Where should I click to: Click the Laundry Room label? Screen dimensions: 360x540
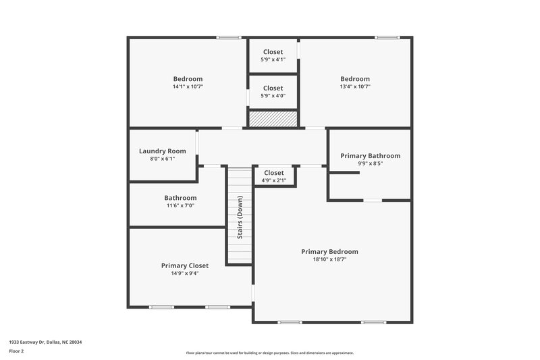162,151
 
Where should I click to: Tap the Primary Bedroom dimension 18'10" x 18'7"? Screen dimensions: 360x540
329,259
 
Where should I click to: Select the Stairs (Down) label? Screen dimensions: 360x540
240,217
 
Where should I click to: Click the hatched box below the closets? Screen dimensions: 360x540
273,119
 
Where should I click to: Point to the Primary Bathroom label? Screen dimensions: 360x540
370,155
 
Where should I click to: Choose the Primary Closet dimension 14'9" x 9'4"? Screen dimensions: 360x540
184,274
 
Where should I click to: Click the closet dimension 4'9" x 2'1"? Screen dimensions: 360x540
273,180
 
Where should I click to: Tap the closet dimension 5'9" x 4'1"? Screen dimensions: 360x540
273,59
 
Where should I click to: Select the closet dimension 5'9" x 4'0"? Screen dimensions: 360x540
273,95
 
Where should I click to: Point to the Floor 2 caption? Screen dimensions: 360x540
17,351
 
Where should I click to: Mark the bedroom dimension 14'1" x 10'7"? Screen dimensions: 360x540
188,86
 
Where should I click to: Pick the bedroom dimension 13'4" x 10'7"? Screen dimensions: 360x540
355,86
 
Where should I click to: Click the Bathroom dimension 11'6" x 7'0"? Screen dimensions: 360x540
180,205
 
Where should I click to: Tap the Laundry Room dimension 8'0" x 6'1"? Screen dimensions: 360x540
162,159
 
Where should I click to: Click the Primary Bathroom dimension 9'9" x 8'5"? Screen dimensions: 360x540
370,163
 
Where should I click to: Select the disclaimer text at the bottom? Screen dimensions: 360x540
270,353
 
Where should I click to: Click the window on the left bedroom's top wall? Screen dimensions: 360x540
229,37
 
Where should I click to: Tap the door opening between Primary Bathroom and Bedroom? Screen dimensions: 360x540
373,200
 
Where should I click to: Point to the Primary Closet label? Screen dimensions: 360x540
184,265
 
